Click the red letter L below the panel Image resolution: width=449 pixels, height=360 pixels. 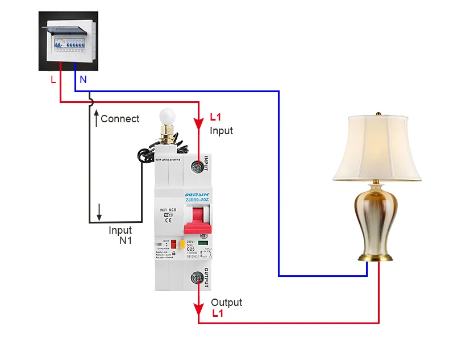53,80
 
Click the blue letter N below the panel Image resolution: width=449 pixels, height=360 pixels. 83,80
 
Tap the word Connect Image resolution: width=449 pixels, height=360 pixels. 120,119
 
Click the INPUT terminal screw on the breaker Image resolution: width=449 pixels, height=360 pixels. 198,167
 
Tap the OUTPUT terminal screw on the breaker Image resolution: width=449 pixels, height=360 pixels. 198,278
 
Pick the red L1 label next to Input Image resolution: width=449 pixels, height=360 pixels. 215,118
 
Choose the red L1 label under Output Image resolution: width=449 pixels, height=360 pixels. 218,313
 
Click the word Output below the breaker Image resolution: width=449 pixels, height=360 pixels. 226,303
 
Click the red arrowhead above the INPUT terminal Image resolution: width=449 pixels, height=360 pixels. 198,124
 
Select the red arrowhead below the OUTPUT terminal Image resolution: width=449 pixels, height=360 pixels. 198,309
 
